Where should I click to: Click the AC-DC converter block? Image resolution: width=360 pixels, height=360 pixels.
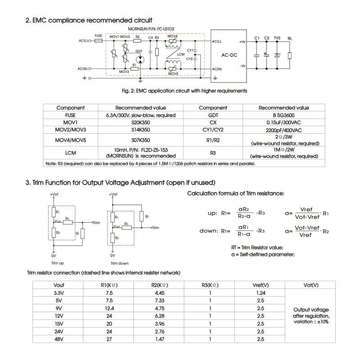point(229,55)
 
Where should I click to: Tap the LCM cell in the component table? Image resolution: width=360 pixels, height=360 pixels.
point(70,153)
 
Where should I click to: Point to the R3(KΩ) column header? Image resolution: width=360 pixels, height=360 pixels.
point(210,285)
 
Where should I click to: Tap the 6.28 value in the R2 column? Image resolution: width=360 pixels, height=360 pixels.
point(159,316)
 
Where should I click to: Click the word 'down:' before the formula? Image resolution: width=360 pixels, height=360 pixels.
point(209,230)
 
